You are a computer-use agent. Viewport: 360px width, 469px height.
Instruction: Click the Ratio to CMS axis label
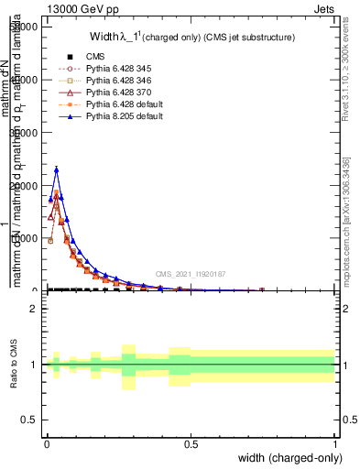15,365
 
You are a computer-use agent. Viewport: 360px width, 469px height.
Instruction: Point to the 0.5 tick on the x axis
191,442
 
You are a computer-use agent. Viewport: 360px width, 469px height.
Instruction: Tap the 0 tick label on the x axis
47,442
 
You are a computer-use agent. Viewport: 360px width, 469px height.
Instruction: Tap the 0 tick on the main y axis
37,290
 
